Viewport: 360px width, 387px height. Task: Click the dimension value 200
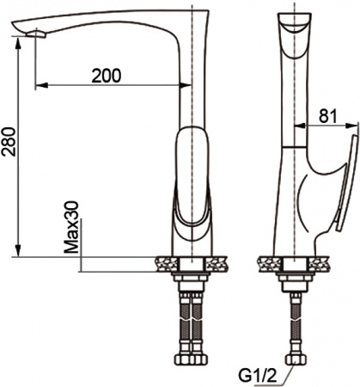point(106,75)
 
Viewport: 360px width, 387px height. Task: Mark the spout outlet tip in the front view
point(34,34)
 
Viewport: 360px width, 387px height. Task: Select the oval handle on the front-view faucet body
point(191,176)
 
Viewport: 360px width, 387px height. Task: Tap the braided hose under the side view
point(296,322)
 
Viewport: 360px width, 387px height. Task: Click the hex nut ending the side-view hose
point(296,360)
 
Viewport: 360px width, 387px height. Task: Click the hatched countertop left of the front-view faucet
point(162,260)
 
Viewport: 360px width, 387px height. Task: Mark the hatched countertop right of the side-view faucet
point(321,260)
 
